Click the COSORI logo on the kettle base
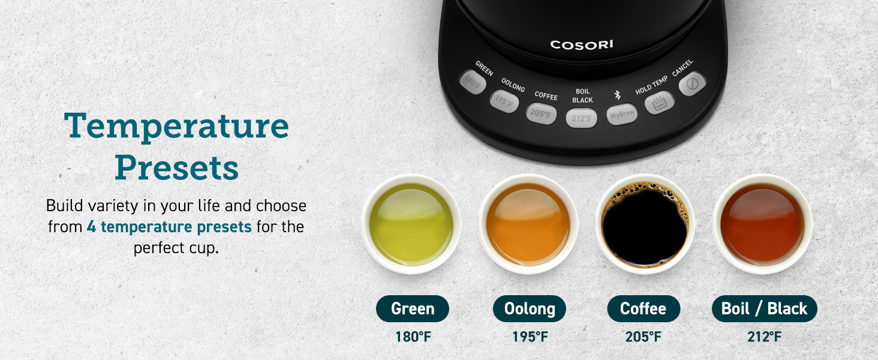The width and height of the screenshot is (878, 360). [582, 44]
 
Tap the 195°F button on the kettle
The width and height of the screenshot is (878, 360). [504, 101]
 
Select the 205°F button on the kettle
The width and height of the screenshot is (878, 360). [542, 113]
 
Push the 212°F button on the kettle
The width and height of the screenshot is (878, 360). [581, 118]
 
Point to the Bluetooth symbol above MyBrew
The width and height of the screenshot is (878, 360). [617, 94]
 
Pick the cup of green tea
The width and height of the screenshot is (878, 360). [411, 224]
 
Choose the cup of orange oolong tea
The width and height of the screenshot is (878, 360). [528, 224]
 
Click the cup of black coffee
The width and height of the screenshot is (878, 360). [645, 224]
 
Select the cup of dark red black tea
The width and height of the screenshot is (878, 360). [762, 224]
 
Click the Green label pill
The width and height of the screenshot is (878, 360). [413, 309]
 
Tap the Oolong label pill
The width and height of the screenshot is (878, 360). [530, 309]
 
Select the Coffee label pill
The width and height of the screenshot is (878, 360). [643, 309]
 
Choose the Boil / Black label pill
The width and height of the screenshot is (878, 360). [764, 309]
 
